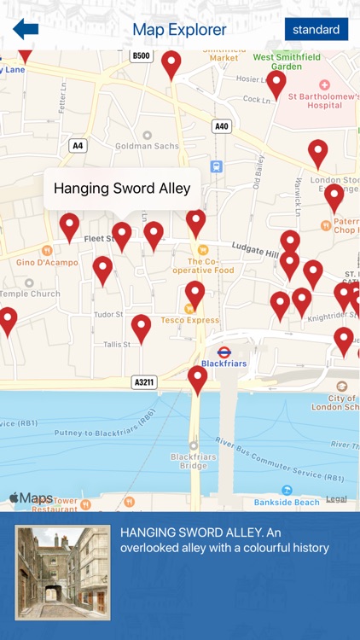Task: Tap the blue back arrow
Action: pos(26,29)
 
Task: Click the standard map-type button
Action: pos(316,29)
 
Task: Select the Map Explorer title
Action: pos(179,30)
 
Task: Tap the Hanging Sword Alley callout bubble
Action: pos(122,189)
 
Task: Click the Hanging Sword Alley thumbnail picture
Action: pos(62,572)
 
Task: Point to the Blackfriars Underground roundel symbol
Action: pos(224,352)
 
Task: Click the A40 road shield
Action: pos(222,126)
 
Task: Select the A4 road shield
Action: pos(78,146)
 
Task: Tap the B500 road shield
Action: pos(141,56)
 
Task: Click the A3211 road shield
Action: pos(144,382)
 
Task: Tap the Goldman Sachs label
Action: pos(148,146)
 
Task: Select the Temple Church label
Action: pos(29,294)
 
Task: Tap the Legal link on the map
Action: pos(336,498)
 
